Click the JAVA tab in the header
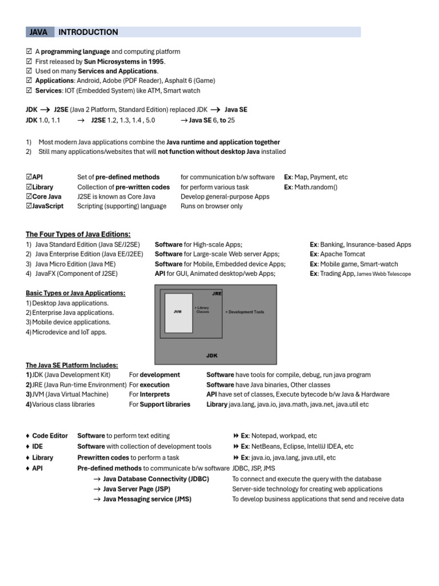39,32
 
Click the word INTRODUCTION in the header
88,32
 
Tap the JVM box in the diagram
178,312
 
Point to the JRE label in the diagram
217,293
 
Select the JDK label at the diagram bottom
212,355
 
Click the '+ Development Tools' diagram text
245,312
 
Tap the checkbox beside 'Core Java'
29,196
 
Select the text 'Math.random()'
316,187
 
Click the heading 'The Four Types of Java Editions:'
78,234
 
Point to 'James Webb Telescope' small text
384,274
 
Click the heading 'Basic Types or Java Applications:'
75,293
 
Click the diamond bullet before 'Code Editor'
27,436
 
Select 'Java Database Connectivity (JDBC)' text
156,479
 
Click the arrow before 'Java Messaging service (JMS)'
97,499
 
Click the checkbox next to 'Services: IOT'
29,90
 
